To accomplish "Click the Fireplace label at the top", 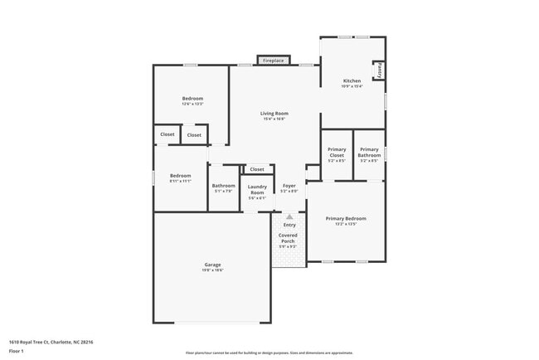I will (x=273, y=61).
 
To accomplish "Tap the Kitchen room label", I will (x=352, y=80).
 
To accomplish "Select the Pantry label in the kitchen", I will (x=379, y=71).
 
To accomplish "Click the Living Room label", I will (x=274, y=113).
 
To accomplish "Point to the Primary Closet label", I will (x=336, y=152).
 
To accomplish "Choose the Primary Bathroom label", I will (x=369, y=152).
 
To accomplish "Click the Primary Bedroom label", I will (x=345, y=218).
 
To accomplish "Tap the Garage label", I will (x=212, y=265).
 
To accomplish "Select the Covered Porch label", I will (x=288, y=238).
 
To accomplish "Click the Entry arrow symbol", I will (x=289, y=217).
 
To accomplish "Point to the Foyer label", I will (x=289, y=186).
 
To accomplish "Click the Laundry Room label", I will (x=257, y=189).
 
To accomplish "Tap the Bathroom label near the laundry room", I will (x=223, y=186).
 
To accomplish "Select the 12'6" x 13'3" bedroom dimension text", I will (x=192, y=104).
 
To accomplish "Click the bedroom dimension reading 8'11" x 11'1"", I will (x=180, y=181).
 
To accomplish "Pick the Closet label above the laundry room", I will (x=257, y=169).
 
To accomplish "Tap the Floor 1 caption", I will (x=17, y=351).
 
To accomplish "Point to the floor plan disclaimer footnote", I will (x=269, y=352).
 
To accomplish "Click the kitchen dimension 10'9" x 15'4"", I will (x=352, y=86).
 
